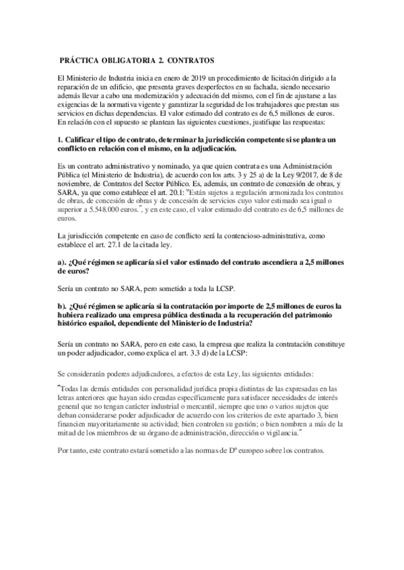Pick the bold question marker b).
pos(63,306)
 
